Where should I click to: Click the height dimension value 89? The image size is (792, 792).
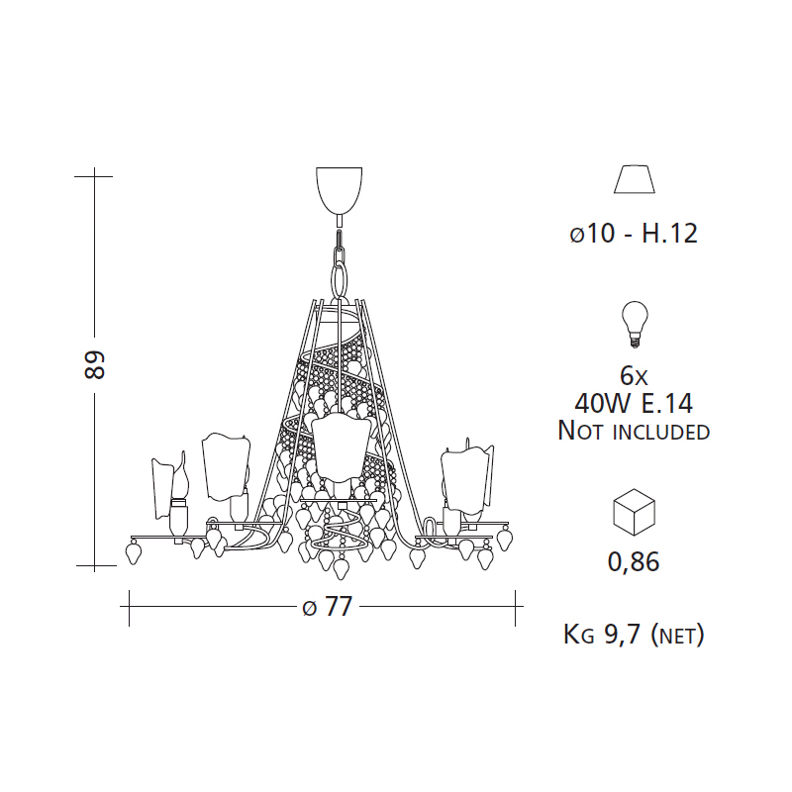(94, 365)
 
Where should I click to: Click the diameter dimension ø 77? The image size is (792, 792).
(327, 606)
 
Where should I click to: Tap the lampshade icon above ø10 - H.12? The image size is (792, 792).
(635, 179)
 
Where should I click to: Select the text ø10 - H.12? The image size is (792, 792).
(634, 234)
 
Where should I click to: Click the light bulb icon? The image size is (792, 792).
(635, 325)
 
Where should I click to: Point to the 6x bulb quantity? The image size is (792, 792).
(634, 376)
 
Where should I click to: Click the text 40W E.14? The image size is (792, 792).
(634, 403)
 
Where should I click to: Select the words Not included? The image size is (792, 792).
(634, 431)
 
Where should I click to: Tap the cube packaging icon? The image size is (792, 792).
(634, 513)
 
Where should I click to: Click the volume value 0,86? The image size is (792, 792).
(634, 561)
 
